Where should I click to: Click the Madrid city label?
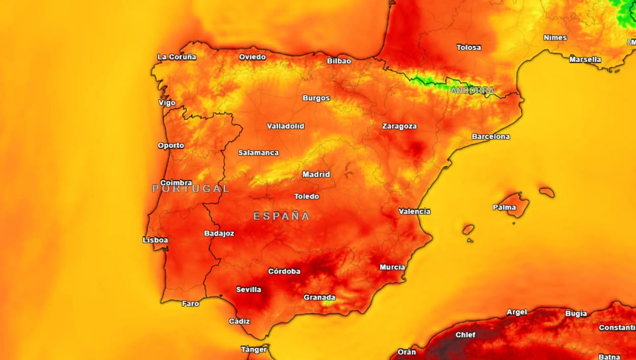pos(316,174)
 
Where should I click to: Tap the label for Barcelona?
pos(490,137)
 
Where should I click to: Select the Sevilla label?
pos(248,289)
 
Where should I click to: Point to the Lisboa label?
pos(155,240)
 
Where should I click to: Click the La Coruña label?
pos(176,57)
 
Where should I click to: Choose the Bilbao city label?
pos(339,61)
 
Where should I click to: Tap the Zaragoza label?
pos(399,126)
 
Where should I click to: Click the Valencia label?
pos(414,212)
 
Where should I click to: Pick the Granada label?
pos(319,297)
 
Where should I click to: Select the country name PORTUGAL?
pos(191,189)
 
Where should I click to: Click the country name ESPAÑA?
pos(281,216)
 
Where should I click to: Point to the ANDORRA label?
pos(472,90)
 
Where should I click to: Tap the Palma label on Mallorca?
pos(504,207)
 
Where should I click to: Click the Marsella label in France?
pos(585,60)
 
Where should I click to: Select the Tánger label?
pos(254,349)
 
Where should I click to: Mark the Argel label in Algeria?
pos(516,312)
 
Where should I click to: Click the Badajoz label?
pos(219,233)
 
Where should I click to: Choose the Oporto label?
pos(170,145)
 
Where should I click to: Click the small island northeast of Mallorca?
pos(547,192)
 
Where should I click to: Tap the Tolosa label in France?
pos(469,48)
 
